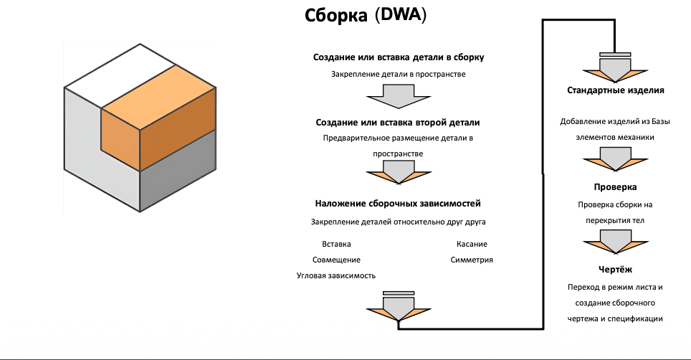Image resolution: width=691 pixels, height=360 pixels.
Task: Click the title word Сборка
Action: point(335,16)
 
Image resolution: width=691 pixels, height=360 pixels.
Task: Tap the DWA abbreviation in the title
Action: point(401,14)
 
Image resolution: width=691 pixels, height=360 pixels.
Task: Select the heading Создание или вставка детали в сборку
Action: point(399,57)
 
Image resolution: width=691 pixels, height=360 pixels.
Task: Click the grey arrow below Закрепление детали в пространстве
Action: point(399,96)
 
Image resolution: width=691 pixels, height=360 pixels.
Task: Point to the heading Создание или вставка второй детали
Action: point(398,123)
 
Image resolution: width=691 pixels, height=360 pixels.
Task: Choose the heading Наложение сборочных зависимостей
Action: point(398,204)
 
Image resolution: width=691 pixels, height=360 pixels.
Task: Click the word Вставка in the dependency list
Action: point(336,244)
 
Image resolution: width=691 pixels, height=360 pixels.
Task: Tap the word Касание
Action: point(472,244)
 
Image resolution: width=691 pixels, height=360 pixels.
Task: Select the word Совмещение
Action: point(336,260)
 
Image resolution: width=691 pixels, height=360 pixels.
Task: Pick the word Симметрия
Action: point(472,260)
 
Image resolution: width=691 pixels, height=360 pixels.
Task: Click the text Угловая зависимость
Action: point(335,276)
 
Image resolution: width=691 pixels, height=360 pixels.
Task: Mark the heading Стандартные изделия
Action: point(615,90)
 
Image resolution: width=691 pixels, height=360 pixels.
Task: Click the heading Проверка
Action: point(615,187)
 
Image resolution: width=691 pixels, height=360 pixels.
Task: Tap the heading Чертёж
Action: point(615,269)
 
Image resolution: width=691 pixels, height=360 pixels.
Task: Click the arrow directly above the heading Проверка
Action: point(615,159)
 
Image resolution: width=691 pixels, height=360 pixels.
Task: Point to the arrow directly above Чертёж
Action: point(615,242)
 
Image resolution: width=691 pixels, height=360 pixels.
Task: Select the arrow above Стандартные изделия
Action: point(615,67)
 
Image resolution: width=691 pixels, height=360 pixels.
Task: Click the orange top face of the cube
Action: point(158,97)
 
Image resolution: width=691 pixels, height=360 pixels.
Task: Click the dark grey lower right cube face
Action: point(178,170)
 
